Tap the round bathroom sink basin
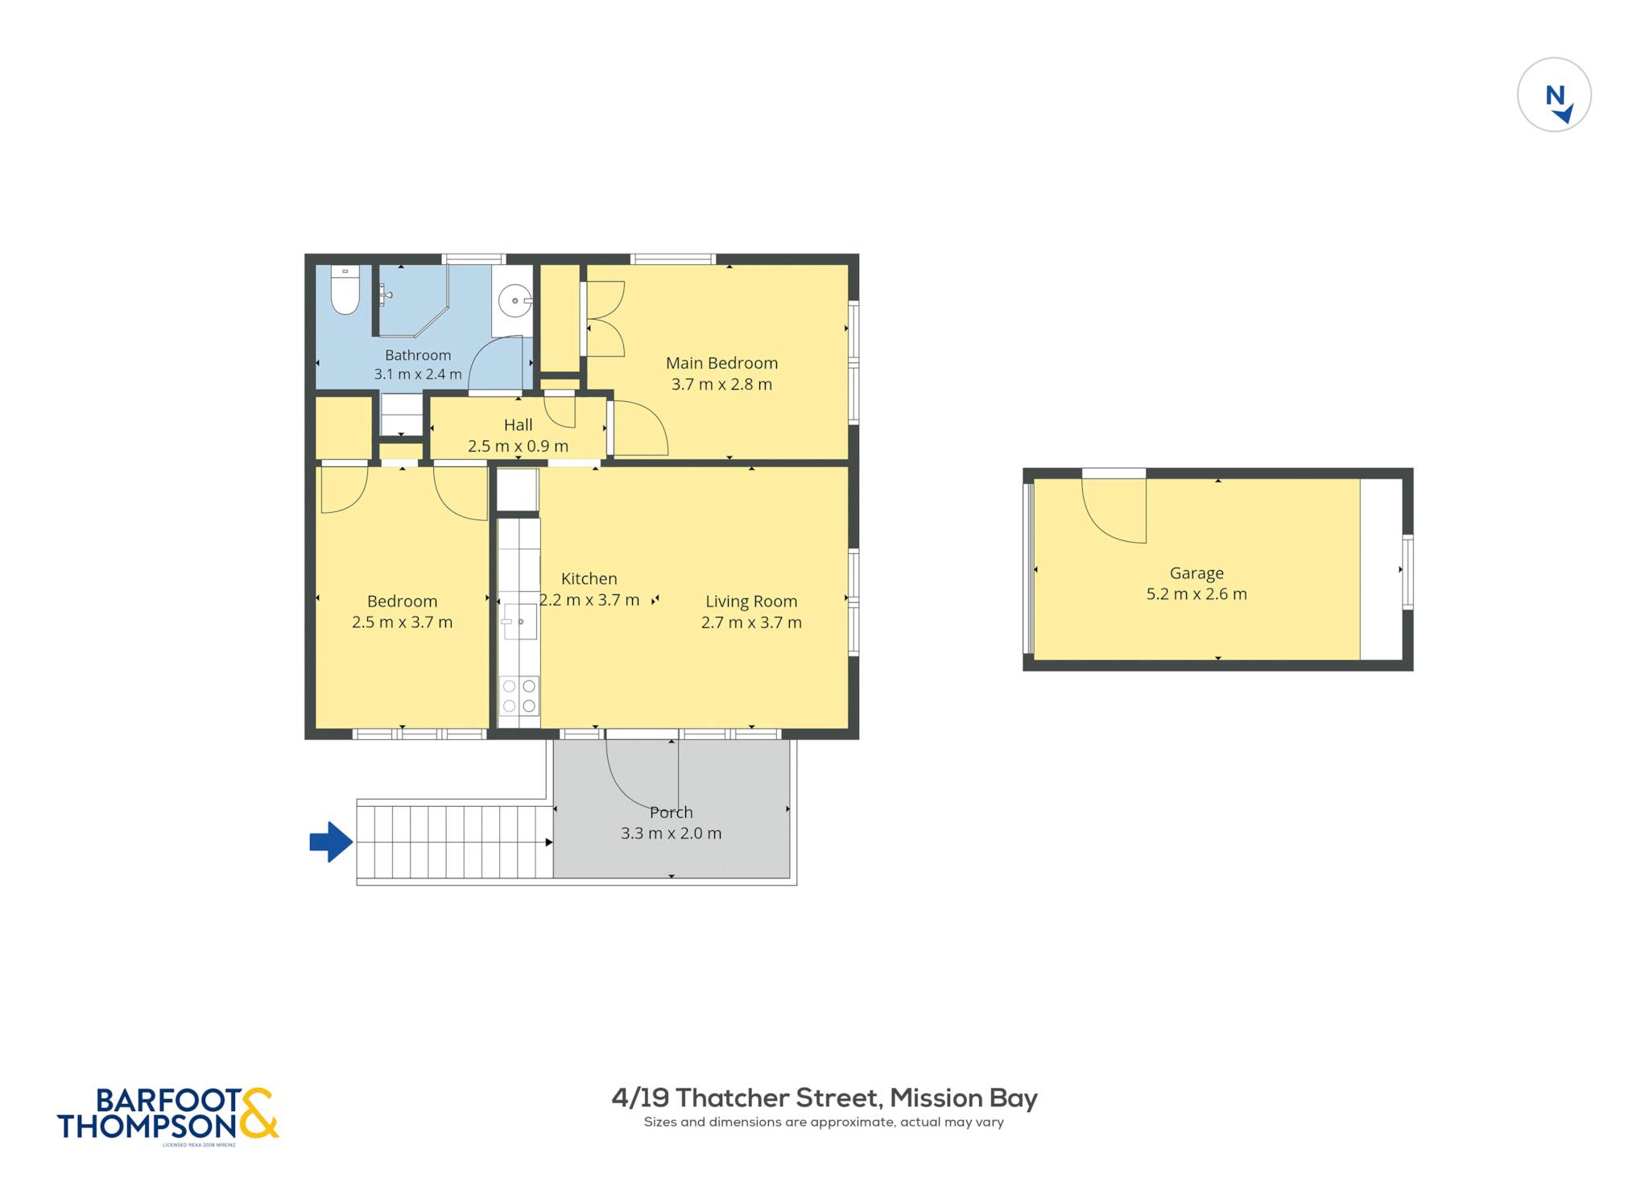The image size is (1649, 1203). (515, 301)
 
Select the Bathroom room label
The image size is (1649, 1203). (418, 355)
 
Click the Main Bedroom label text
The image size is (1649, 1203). (721, 363)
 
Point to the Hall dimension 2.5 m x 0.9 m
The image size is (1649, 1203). (518, 446)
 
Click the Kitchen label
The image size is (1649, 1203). (589, 579)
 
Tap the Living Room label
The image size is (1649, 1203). (751, 601)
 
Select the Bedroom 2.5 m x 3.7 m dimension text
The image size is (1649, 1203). (402, 622)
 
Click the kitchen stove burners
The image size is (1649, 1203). (519, 696)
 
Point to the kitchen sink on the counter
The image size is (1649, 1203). (519, 621)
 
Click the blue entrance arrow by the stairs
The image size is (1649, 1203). (331, 842)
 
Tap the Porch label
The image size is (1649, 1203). (671, 812)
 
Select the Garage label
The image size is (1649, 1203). (1196, 573)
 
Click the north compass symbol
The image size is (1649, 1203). (1554, 95)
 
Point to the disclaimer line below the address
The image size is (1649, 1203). (824, 1122)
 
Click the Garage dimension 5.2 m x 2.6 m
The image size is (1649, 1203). (1196, 594)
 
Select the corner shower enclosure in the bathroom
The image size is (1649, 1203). (412, 300)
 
